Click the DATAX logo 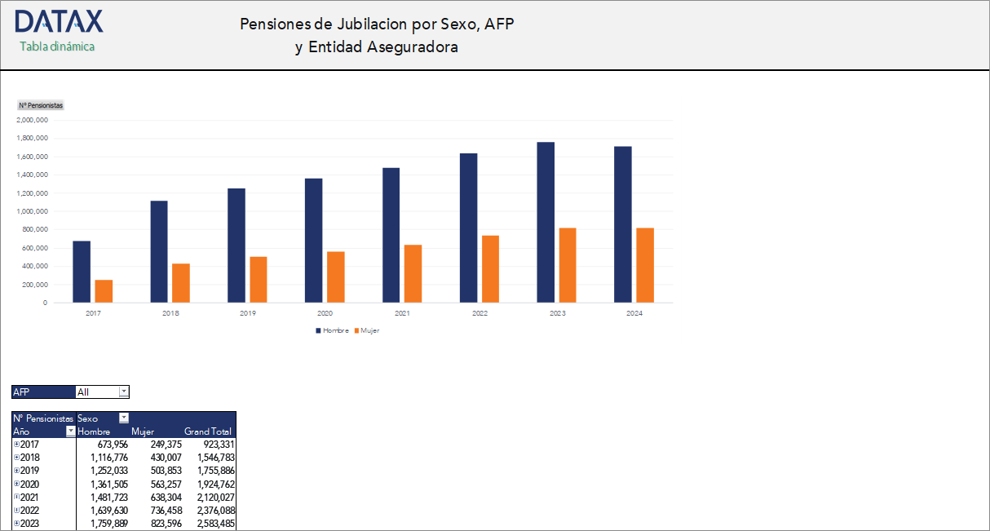[x=59, y=21]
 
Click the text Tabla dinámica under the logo [x=57, y=46]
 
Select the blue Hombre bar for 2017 [x=82, y=272]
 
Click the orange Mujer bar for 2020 [x=336, y=277]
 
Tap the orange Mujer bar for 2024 [x=645, y=265]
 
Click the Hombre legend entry [x=333, y=330]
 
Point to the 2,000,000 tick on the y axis [x=33, y=120]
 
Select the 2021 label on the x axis [x=402, y=313]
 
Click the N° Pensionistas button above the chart [x=41, y=105]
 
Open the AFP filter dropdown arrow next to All [x=124, y=392]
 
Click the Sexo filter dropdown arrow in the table [x=124, y=418]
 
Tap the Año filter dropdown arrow [x=70, y=431]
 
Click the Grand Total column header [x=208, y=431]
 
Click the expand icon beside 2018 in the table [x=16, y=458]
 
